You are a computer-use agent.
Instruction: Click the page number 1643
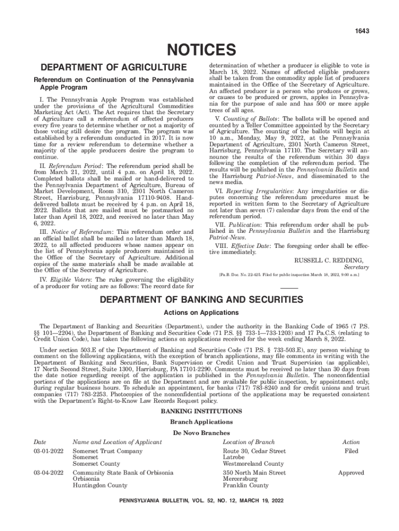[x=362, y=32]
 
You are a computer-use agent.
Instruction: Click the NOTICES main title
[x=199, y=50]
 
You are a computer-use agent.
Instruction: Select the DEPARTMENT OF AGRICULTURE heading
[x=110, y=67]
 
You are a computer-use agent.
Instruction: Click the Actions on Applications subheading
[x=201, y=313]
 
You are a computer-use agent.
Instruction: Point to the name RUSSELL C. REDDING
[x=329, y=260]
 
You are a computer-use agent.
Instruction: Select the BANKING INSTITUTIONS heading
[x=201, y=412]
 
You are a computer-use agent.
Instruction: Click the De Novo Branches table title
[x=201, y=432]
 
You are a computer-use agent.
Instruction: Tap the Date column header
[x=40, y=442]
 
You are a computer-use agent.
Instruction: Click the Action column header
[x=351, y=442]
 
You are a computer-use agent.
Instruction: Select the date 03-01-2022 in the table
[x=48, y=452]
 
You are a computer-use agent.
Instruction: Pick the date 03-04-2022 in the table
[x=48, y=473]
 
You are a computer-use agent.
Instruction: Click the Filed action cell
[x=351, y=452]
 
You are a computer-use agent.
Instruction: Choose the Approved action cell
[x=351, y=473]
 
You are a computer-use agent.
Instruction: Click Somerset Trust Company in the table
[x=107, y=452]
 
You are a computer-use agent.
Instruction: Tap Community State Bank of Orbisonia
[x=123, y=473]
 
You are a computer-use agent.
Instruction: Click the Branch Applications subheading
[x=201, y=422]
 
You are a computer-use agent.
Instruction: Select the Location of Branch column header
[x=249, y=442]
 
